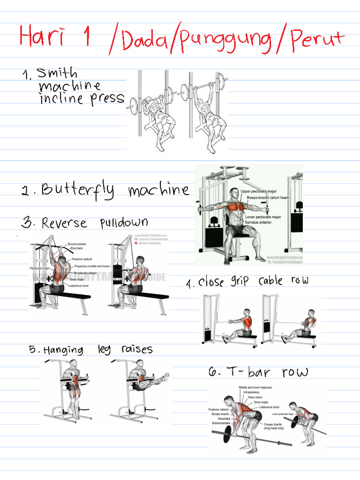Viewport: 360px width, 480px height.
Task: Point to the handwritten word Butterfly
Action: point(78,190)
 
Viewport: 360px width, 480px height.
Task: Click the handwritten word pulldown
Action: point(124,223)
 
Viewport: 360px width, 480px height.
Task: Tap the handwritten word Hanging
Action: point(63,351)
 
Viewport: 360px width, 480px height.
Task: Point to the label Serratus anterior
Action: point(259,223)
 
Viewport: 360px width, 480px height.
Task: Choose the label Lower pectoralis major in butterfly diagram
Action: point(263,217)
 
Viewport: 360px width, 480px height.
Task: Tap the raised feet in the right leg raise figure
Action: point(165,376)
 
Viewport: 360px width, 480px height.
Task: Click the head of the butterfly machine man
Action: point(234,193)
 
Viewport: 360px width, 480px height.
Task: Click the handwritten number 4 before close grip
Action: point(189,284)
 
